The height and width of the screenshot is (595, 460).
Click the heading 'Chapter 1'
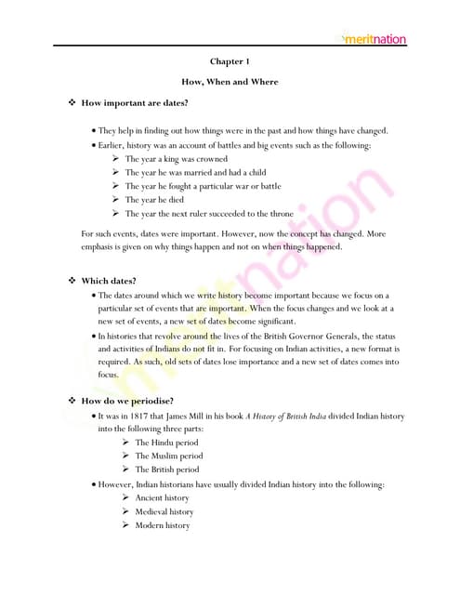point(230,61)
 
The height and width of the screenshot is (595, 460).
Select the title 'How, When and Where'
point(230,82)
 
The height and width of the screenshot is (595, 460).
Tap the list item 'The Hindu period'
point(167,443)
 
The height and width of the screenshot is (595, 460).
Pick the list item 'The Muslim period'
point(169,456)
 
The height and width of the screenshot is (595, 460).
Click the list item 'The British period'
point(167,469)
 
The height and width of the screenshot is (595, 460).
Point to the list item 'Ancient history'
point(163,498)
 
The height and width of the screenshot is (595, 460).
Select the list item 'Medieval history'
point(164,511)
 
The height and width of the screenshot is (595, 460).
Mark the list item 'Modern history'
point(163,525)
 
